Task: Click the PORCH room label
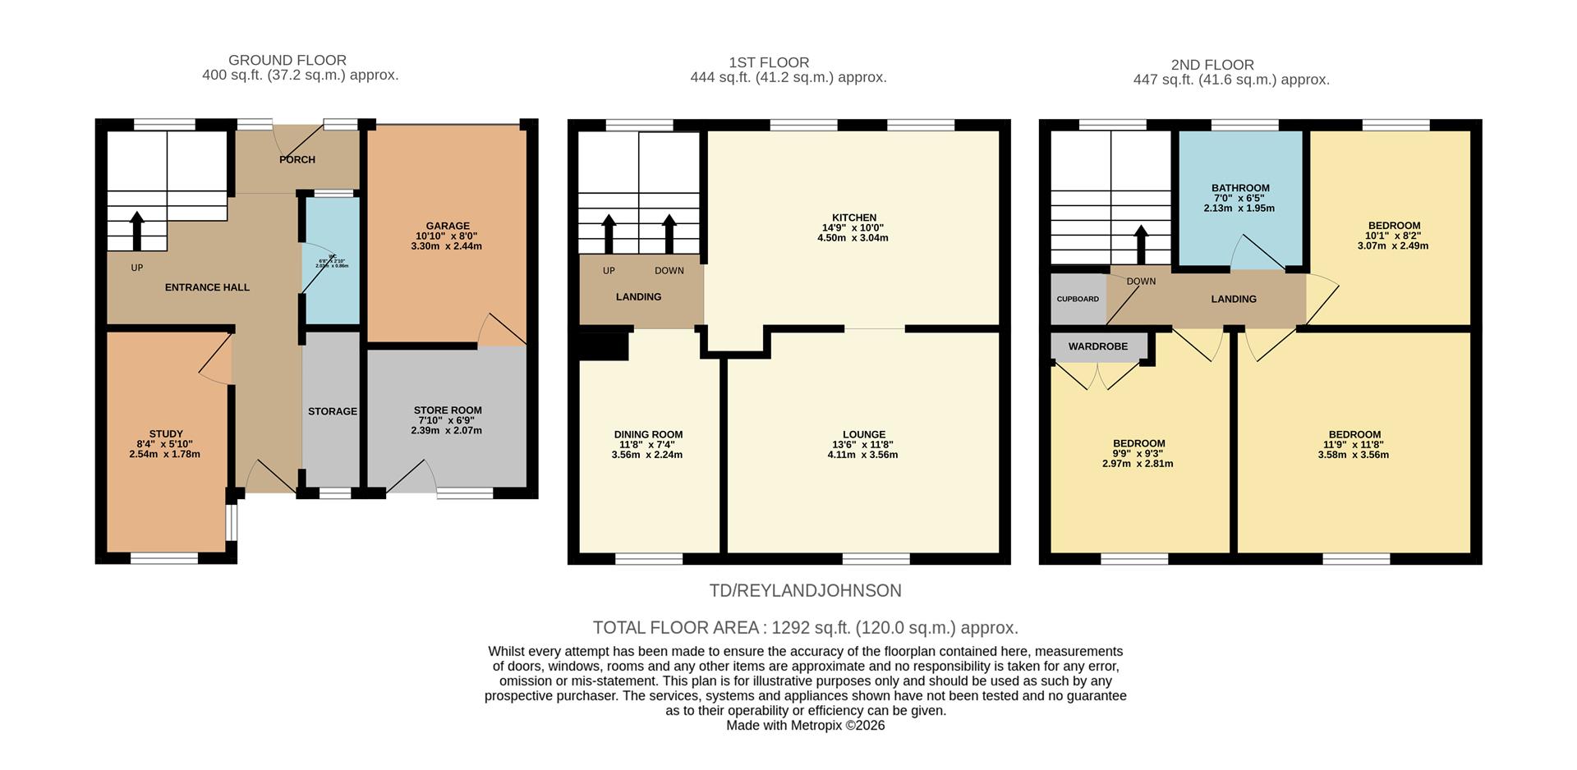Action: pos(297,159)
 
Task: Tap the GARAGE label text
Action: pos(447,226)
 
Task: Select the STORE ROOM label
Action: pos(447,410)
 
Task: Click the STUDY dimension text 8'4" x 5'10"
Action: pos(165,444)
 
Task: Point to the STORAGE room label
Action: pos(332,411)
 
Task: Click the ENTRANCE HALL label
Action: pos(207,287)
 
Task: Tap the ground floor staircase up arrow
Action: pos(136,231)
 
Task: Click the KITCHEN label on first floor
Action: pos(854,218)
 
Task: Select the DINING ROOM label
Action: pos(648,435)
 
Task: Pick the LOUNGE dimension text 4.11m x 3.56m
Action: pos(863,454)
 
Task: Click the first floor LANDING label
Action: pos(638,297)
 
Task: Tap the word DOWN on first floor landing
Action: pos(669,271)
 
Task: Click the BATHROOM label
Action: pos(1240,188)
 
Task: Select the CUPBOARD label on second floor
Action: pos(1077,299)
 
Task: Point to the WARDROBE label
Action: pos(1097,346)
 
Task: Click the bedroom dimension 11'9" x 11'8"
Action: pos(1354,445)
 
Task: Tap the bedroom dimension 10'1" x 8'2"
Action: pos(1394,236)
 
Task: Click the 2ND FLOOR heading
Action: pos(1211,65)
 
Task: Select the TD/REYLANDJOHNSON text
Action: pos(805,590)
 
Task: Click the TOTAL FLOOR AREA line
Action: pos(805,628)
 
